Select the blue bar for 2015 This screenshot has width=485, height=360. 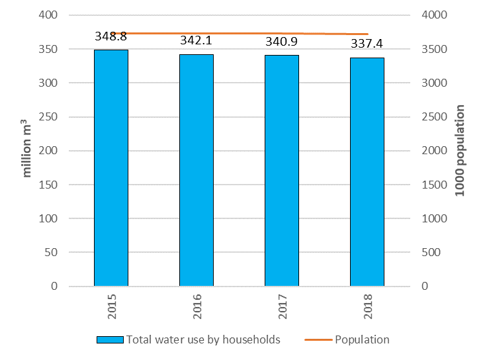(x=110, y=168)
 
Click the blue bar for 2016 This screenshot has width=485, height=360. (x=197, y=170)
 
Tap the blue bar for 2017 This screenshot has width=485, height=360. (x=282, y=171)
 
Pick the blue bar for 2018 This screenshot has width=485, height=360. (x=367, y=172)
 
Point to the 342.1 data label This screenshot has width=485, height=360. (x=197, y=42)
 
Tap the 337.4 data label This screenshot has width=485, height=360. (x=367, y=44)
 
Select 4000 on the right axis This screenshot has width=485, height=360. (x=436, y=15)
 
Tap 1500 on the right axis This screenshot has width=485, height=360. (x=436, y=185)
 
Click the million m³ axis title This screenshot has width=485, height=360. (x=27, y=148)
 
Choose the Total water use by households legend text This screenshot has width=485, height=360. (x=204, y=339)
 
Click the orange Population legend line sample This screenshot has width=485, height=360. (x=318, y=340)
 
